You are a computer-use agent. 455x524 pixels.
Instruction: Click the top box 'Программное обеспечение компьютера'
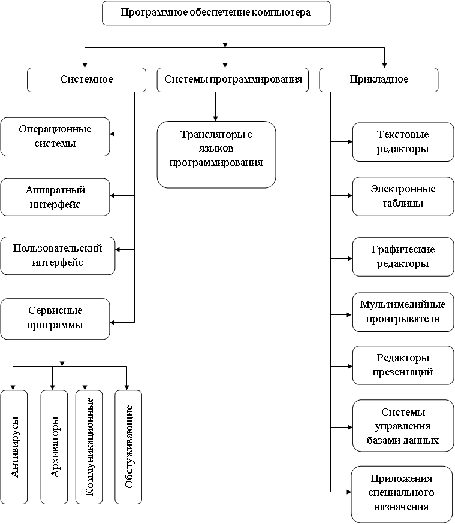point(216,13)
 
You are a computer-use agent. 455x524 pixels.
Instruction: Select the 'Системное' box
point(86,80)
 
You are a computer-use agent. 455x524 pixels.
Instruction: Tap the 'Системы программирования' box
point(233,80)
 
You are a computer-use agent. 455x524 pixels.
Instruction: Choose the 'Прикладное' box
point(379,80)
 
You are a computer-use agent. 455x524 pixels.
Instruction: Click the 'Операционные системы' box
point(55,137)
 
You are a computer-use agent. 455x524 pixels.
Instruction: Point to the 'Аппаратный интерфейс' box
point(55,197)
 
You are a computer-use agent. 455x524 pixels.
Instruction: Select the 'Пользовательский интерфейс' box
point(58,256)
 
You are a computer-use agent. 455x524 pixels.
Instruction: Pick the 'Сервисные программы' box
point(55,319)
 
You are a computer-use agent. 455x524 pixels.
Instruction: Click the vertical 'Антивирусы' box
point(14,447)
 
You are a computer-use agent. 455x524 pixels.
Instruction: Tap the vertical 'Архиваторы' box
point(54,447)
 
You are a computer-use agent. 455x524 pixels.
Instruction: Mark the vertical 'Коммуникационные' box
point(89,447)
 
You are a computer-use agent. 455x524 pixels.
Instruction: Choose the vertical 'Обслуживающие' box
point(128,447)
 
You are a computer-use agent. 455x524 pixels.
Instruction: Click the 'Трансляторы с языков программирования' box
point(216,155)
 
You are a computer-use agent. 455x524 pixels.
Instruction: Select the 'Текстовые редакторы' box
point(403,142)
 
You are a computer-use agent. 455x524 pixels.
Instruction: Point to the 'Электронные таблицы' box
point(403,196)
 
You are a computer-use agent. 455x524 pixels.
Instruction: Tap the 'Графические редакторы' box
point(403,257)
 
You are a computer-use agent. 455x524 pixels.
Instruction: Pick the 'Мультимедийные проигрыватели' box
point(403,312)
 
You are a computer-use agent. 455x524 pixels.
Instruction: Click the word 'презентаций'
point(403,372)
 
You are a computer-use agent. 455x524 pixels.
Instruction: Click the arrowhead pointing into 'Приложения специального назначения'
point(349,492)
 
